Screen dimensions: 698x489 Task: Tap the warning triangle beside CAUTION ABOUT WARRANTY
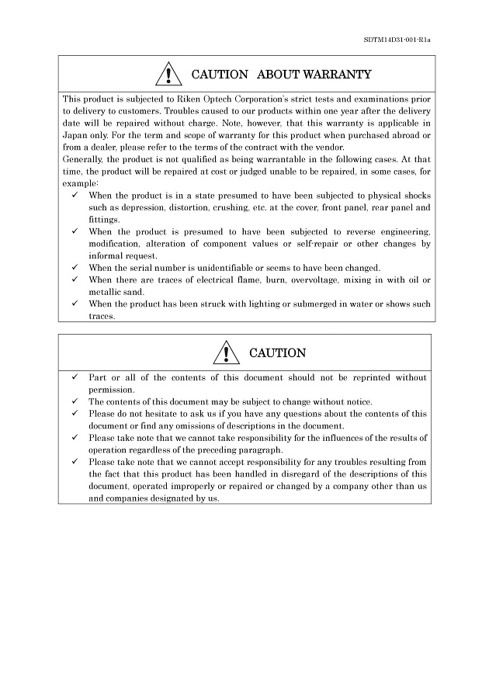click(168, 75)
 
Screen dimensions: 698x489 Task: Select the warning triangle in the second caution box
click(226, 353)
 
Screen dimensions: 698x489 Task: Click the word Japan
click(75, 135)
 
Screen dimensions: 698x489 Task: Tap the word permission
click(111, 390)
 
